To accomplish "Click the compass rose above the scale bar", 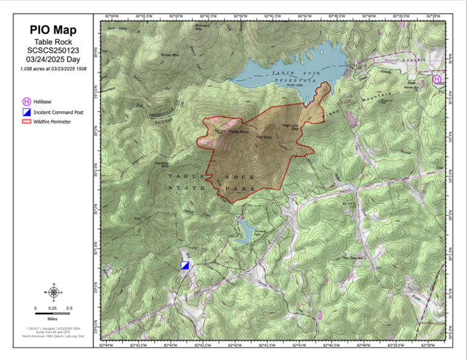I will click(53, 292).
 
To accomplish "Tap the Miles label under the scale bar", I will click(52, 318).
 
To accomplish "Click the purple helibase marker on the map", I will click(437, 80).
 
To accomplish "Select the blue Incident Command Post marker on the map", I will click(185, 265).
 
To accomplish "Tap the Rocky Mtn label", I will click(168, 55).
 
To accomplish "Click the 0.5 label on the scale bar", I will click(69, 308).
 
